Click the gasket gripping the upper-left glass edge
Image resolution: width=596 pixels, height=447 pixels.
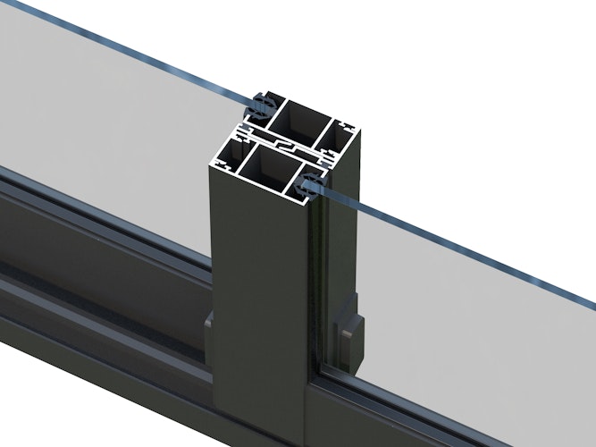[x=260, y=108]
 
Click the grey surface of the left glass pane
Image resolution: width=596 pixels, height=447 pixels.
[x=107, y=116]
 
